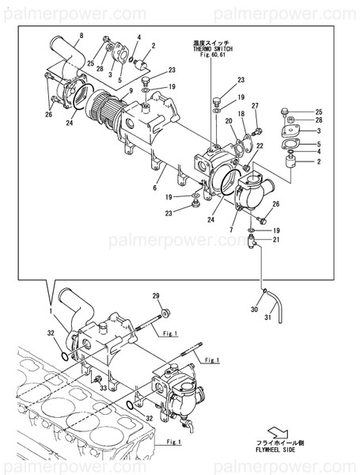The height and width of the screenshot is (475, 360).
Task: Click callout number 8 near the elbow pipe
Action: pyautogui.click(x=81, y=36)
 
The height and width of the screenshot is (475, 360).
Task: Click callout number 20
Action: pyautogui.click(x=228, y=121)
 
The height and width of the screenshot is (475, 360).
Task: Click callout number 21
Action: pyautogui.click(x=277, y=240)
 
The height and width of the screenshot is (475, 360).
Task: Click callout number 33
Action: pyautogui.click(x=102, y=387)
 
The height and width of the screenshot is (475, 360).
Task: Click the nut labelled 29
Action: pyautogui.click(x=166, y=313)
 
